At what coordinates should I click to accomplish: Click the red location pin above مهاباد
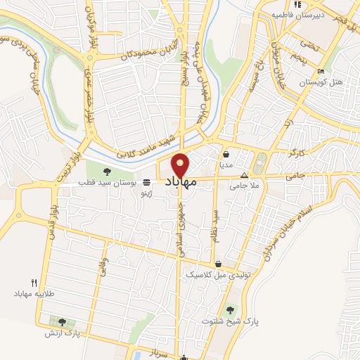coord(181,164)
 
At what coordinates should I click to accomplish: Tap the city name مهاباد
coord(181,181)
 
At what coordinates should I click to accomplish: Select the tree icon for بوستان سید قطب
coord(107,171)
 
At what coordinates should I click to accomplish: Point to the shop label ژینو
coord(146,191)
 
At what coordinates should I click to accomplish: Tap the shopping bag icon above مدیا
coord(226,153)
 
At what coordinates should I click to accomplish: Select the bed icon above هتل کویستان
coord(321,72)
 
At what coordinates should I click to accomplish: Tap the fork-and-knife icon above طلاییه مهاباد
coord(33,282)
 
